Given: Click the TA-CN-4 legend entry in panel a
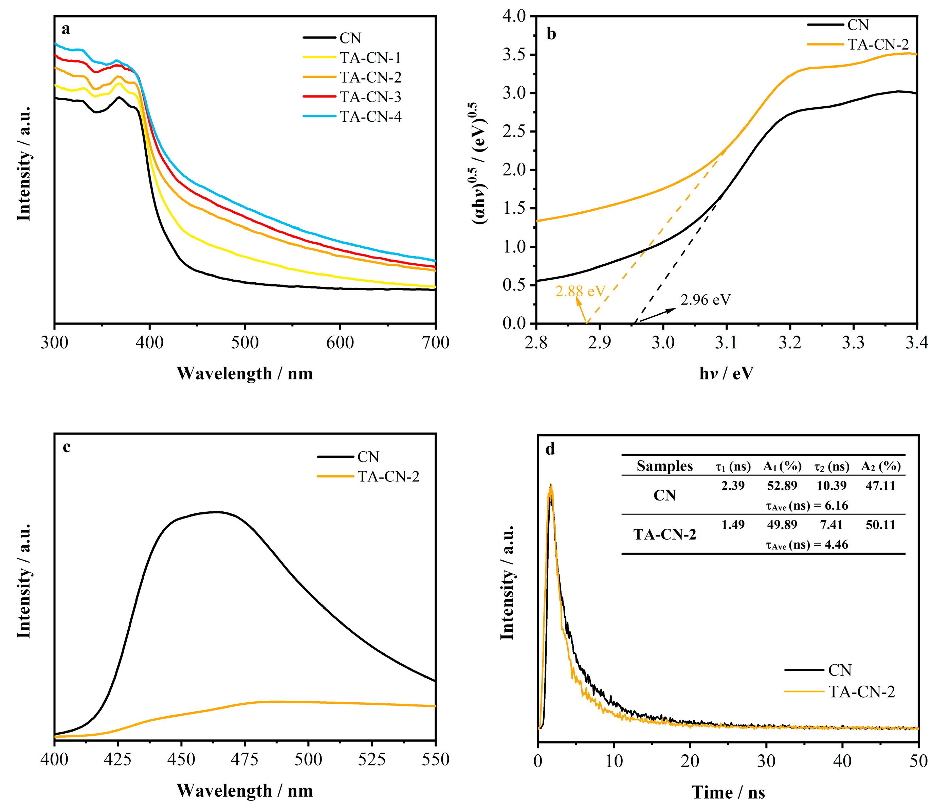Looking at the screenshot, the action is click(x=370, y=117).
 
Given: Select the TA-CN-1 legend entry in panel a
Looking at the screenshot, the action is click(x=370, y=58).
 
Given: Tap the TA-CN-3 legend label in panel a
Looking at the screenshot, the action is click(x=370, y=97).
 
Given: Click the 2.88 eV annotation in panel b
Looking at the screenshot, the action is click(x=581, y=291).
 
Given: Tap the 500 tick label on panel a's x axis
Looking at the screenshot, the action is click(x=245, y=343).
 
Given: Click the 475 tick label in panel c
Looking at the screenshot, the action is click(x=245, y=760).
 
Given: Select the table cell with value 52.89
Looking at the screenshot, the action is click(x=782, y=486).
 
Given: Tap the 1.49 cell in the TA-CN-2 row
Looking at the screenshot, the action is click(x=733, y=525).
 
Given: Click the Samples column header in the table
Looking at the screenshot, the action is click(x=664, y=466).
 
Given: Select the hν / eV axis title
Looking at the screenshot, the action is click(x=726, y=373).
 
